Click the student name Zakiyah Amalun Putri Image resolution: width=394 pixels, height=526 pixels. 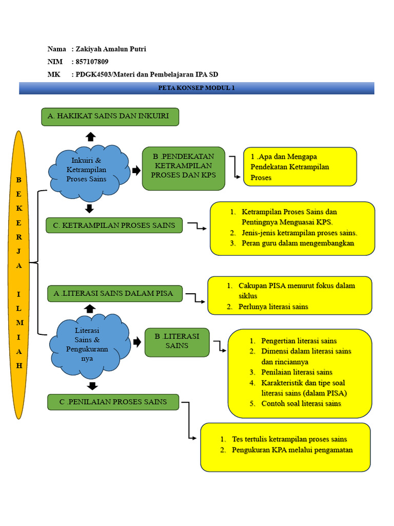(x=111, y=49)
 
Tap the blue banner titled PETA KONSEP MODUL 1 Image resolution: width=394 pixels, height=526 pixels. (x=196, y=88)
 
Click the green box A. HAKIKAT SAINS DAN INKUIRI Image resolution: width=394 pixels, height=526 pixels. (x=110, y=117)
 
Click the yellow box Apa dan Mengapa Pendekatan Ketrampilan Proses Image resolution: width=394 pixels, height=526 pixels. (x=300, y=166)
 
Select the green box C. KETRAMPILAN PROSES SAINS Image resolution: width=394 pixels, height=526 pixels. (x=114, y=226)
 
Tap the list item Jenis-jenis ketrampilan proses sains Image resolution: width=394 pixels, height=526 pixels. (x=299, y=233)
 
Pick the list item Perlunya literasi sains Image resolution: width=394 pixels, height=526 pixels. (x=273, y=307)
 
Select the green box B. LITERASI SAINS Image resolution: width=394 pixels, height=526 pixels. (x=177, y=342)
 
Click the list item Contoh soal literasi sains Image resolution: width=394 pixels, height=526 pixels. (x=301, y=403)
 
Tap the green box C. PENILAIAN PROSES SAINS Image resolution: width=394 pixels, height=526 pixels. (x=113, y=402)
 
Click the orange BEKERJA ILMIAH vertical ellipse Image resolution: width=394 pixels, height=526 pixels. (x=19, y=275)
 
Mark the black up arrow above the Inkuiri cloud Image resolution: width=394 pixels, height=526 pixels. (x=90, y=136)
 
